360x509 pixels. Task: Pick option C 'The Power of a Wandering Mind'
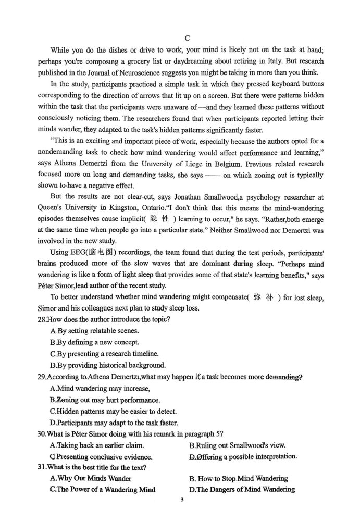(x=102, y=489)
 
